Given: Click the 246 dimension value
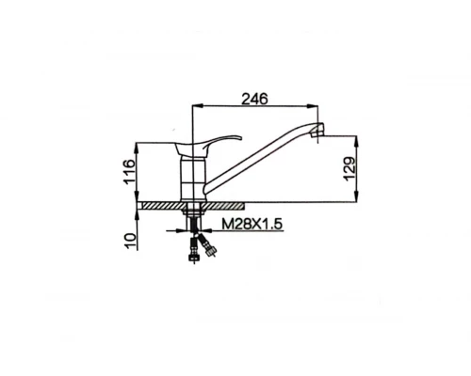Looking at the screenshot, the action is coord(254,99).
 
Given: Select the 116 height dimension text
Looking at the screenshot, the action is coord(129,172).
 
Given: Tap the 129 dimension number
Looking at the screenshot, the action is coord(349,169).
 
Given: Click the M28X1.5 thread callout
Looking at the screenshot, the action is coord(252,224).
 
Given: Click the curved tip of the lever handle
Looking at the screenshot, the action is coord(240,137).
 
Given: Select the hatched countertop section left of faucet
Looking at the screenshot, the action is coord(162,206).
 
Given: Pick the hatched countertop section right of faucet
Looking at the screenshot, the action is coord(224,206).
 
